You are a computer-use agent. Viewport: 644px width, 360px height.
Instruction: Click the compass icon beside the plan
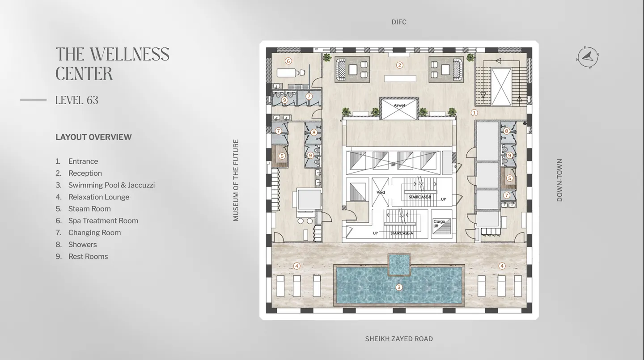588,57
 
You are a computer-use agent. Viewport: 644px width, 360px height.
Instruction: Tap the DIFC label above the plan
399,22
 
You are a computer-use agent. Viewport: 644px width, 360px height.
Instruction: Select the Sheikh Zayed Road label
399,339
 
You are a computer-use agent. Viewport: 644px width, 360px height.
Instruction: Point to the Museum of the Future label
236,180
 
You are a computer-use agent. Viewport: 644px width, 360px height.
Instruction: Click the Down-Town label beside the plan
559,180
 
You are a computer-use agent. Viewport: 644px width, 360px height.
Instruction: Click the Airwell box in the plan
399,108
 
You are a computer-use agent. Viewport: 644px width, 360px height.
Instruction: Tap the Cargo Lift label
439,224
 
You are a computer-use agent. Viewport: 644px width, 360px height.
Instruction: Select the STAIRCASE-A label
401,233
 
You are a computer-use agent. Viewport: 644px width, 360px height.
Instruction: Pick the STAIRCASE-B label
419,197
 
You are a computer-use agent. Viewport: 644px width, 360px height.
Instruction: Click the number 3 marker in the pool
399,288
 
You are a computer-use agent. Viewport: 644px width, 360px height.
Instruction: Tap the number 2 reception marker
400,65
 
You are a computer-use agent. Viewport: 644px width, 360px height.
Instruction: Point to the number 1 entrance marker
475,113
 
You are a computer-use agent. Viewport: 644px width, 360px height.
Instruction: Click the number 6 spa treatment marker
288,61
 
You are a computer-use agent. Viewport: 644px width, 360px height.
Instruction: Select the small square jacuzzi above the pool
399,264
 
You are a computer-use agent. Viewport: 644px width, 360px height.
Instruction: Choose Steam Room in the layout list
89,209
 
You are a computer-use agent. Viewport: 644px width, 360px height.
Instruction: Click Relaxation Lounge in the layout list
98,197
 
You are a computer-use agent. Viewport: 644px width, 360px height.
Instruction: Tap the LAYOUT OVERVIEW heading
93,137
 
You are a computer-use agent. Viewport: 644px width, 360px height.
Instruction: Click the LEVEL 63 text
77,100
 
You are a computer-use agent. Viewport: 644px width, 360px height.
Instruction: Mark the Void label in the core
381,193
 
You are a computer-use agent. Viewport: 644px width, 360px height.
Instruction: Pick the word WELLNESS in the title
130,55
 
